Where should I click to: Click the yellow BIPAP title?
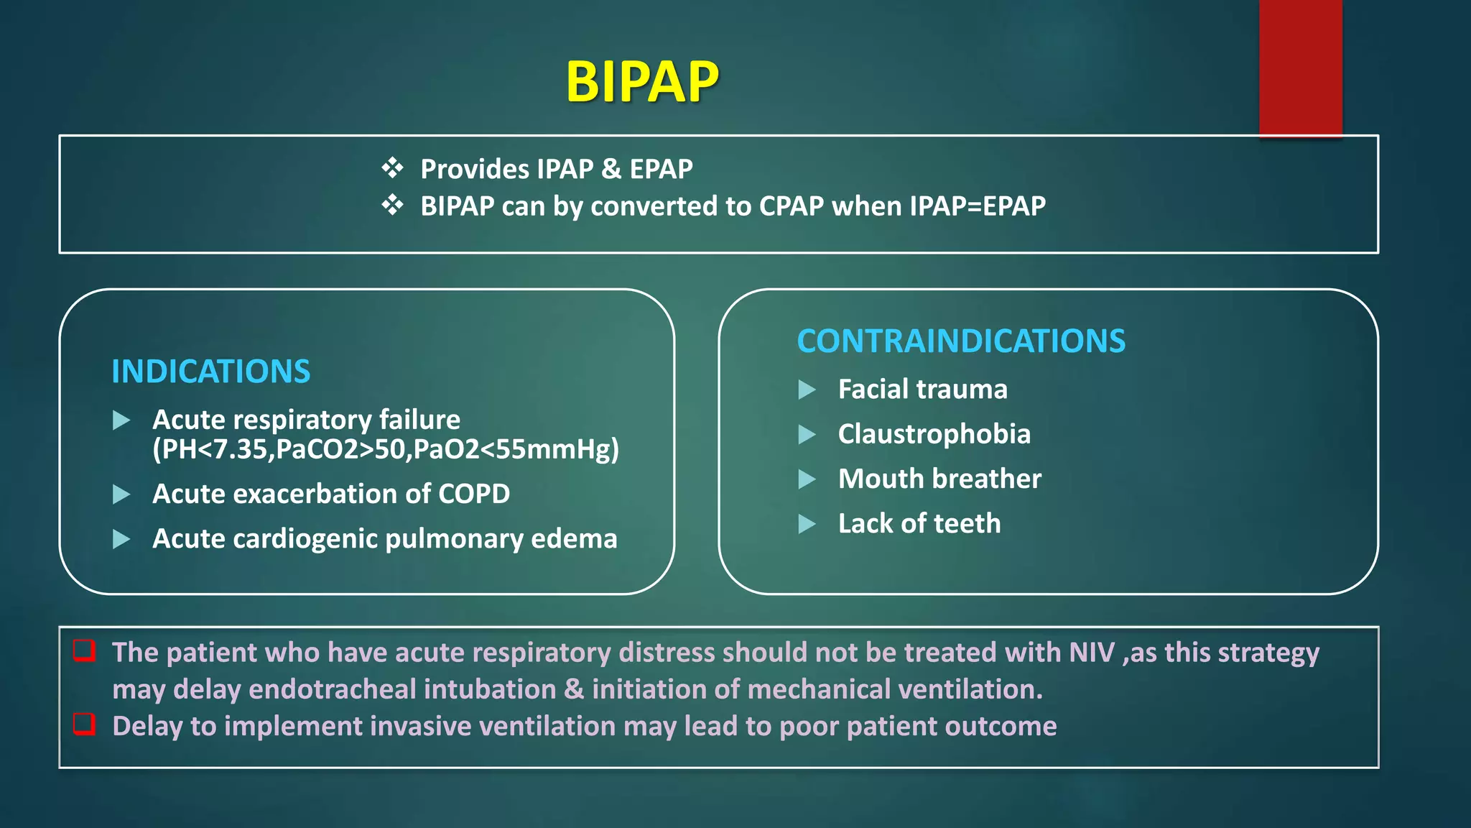(x=641, y=82)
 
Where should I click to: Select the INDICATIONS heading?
(x=210, y=372)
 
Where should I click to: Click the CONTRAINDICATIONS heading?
(x=961, y=341)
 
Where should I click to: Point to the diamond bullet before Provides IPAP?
(x=392, y=168)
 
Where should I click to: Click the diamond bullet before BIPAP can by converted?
(x=392, y=206)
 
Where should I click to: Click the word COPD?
(x=473, y=494)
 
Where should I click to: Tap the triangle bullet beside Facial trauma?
(x=807, y=390)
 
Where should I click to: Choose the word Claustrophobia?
(x=934, y=434)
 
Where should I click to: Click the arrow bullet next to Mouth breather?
(x=807, y=479)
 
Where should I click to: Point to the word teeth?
(x=967, y=523)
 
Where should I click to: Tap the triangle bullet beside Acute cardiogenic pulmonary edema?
(x=121, y=539)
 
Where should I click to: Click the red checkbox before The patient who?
(x=85, y=650)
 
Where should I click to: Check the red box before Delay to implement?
(x=85, y=724)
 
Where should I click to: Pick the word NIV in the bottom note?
(x=1091, y=653)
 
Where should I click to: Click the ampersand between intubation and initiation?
(x=573, y=689)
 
